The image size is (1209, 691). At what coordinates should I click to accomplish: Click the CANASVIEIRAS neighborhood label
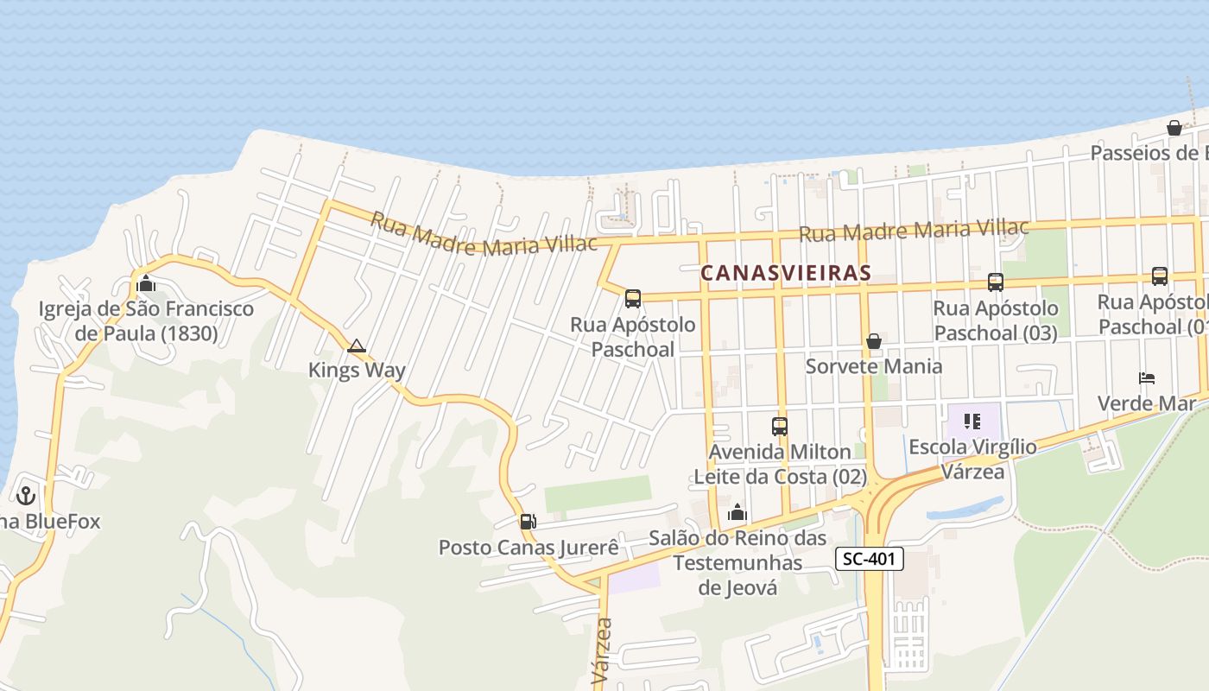785,273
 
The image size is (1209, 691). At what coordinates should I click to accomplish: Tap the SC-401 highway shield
869,560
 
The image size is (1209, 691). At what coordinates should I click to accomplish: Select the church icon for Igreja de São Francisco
145,283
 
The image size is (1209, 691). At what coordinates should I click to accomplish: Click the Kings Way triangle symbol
356,346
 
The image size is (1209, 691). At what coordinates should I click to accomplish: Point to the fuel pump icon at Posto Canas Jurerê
528,521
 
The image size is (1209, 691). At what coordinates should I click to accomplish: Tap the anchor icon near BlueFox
26,496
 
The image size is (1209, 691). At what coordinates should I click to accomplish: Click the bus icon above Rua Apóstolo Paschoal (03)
995,282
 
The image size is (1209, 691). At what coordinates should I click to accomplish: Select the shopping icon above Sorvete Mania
873,341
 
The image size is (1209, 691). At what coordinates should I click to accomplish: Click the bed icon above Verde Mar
1147,378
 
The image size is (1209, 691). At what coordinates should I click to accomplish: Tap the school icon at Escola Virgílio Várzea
972,422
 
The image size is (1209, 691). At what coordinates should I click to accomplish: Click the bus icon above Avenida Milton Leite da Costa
779,426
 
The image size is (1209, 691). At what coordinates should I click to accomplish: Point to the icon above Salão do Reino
737,512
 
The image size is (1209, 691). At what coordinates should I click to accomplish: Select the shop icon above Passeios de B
1174,128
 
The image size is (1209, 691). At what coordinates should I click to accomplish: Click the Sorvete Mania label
873,366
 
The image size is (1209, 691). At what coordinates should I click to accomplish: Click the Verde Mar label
1146,403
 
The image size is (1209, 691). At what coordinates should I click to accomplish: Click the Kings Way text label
357,371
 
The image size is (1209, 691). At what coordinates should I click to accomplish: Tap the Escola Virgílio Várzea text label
972,459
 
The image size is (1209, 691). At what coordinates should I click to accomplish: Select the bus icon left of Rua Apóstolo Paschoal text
633,299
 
